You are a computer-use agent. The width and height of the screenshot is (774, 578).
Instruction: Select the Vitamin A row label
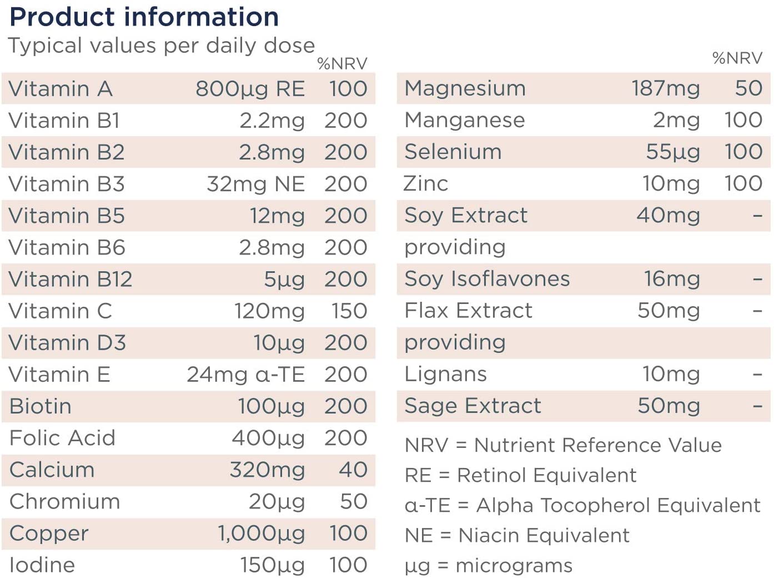(x=61, y=88)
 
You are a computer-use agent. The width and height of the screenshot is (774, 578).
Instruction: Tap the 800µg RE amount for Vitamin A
(x=250, y=88)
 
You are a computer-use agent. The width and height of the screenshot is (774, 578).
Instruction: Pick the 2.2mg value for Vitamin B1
(x=272, y=121)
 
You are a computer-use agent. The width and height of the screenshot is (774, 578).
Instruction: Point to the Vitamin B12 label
(x=70, y=279)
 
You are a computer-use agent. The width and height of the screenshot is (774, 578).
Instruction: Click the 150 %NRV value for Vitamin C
(x=349, y=311)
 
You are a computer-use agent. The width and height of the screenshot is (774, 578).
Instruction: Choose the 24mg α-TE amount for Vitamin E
(x=246, y=375)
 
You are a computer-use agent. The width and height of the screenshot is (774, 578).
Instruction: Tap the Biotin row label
(x=41, y=406)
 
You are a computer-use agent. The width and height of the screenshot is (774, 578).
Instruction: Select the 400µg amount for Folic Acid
(x=268, y=439)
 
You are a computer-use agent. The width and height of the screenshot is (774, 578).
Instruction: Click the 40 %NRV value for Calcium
(x=353, y=470)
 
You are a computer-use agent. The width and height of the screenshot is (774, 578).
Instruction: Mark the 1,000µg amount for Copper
(x=262, y=533)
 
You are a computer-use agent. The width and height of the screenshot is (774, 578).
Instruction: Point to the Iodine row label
(x=42, y=565)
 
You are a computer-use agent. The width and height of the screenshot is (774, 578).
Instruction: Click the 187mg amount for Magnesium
(x=666, y=88)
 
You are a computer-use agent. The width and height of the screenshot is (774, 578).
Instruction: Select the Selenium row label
(x=453, y=152)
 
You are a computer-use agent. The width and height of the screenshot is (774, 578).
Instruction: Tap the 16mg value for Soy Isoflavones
(x=672, y=279)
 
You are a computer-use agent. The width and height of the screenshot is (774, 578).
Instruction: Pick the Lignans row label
(x=446, y=374)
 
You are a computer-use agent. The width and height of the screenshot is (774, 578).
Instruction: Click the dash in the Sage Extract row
(x=757, y=406)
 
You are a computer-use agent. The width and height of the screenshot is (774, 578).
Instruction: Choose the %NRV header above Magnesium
(x=737, y=58)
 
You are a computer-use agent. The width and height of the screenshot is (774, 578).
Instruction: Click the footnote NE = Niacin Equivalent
(x=517, y=535)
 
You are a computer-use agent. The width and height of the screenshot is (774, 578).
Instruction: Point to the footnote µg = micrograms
(x=489, y=566)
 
